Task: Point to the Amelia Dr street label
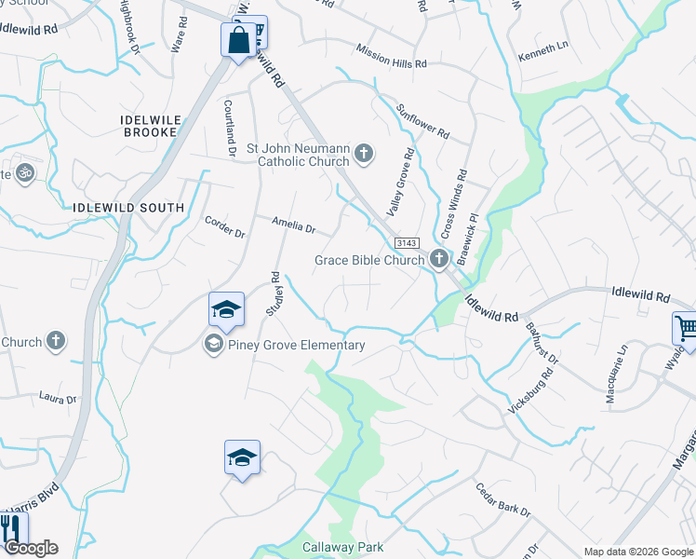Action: click(x=294, y=224)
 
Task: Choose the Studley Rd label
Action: click(x=274, y=293)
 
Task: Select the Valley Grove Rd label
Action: click(x=398, y=183)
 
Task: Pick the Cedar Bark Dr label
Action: click(x=502, y=499)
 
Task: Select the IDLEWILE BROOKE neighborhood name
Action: click(x=149, y=126)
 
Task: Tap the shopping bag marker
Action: click(x=238, y=40)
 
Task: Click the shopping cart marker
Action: click(x=686, y=328)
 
